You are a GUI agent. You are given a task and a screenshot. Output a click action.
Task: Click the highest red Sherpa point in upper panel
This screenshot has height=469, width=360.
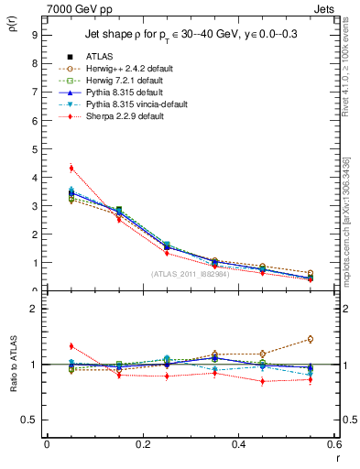pos(71,168)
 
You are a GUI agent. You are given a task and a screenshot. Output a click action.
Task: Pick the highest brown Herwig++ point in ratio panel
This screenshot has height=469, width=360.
pos(311,339)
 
